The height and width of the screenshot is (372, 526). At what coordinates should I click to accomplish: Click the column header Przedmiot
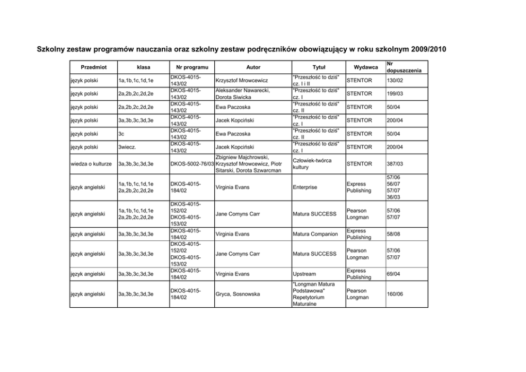pos(93,67)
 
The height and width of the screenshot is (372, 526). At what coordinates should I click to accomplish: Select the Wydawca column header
pos(365,67)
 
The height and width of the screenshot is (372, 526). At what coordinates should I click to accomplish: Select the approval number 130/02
pos(395,80)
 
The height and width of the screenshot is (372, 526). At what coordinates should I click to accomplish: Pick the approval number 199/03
pos(395,93)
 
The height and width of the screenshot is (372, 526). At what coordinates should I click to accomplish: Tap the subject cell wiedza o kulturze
pos(92,163)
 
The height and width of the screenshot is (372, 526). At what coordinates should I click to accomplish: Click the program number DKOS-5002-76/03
pos(191,163)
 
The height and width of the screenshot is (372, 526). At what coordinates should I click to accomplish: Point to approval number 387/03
pos(395,163)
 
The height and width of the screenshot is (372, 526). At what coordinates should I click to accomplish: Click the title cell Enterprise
pos(306,187)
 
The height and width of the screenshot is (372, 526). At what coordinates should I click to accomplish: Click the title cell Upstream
pos(304,274)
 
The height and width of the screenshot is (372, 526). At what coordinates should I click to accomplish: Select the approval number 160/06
pos(395,294)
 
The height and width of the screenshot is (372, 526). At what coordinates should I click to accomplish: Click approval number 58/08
pos(393,233)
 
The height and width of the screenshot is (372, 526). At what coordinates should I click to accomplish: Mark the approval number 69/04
pos(393,274)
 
